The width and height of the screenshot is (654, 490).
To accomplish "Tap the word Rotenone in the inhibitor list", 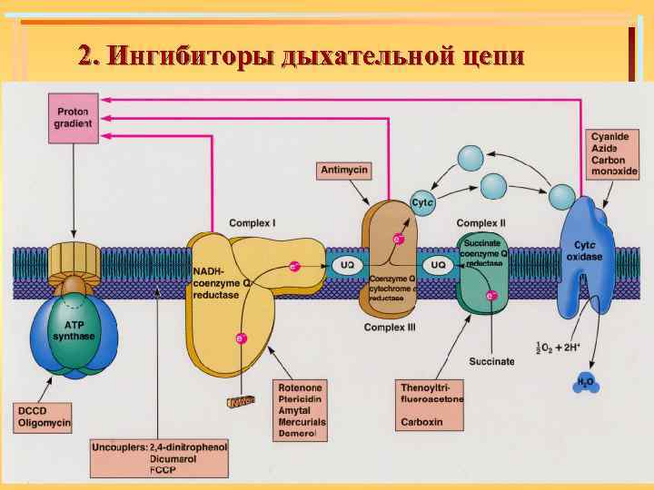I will [301, 387].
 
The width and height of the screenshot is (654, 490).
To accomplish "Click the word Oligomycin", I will [45, 423].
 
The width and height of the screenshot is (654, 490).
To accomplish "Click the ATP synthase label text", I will [73, 329].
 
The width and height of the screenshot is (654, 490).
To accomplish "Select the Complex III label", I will [390, 327].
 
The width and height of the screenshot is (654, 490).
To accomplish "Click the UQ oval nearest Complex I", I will [347, 265].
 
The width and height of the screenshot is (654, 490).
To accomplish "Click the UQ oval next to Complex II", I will [437, 265].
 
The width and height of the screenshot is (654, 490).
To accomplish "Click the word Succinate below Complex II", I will [491, 361].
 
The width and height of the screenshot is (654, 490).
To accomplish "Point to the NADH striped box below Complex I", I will [242, 401].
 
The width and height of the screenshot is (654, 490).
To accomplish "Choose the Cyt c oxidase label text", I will [586, 251].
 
